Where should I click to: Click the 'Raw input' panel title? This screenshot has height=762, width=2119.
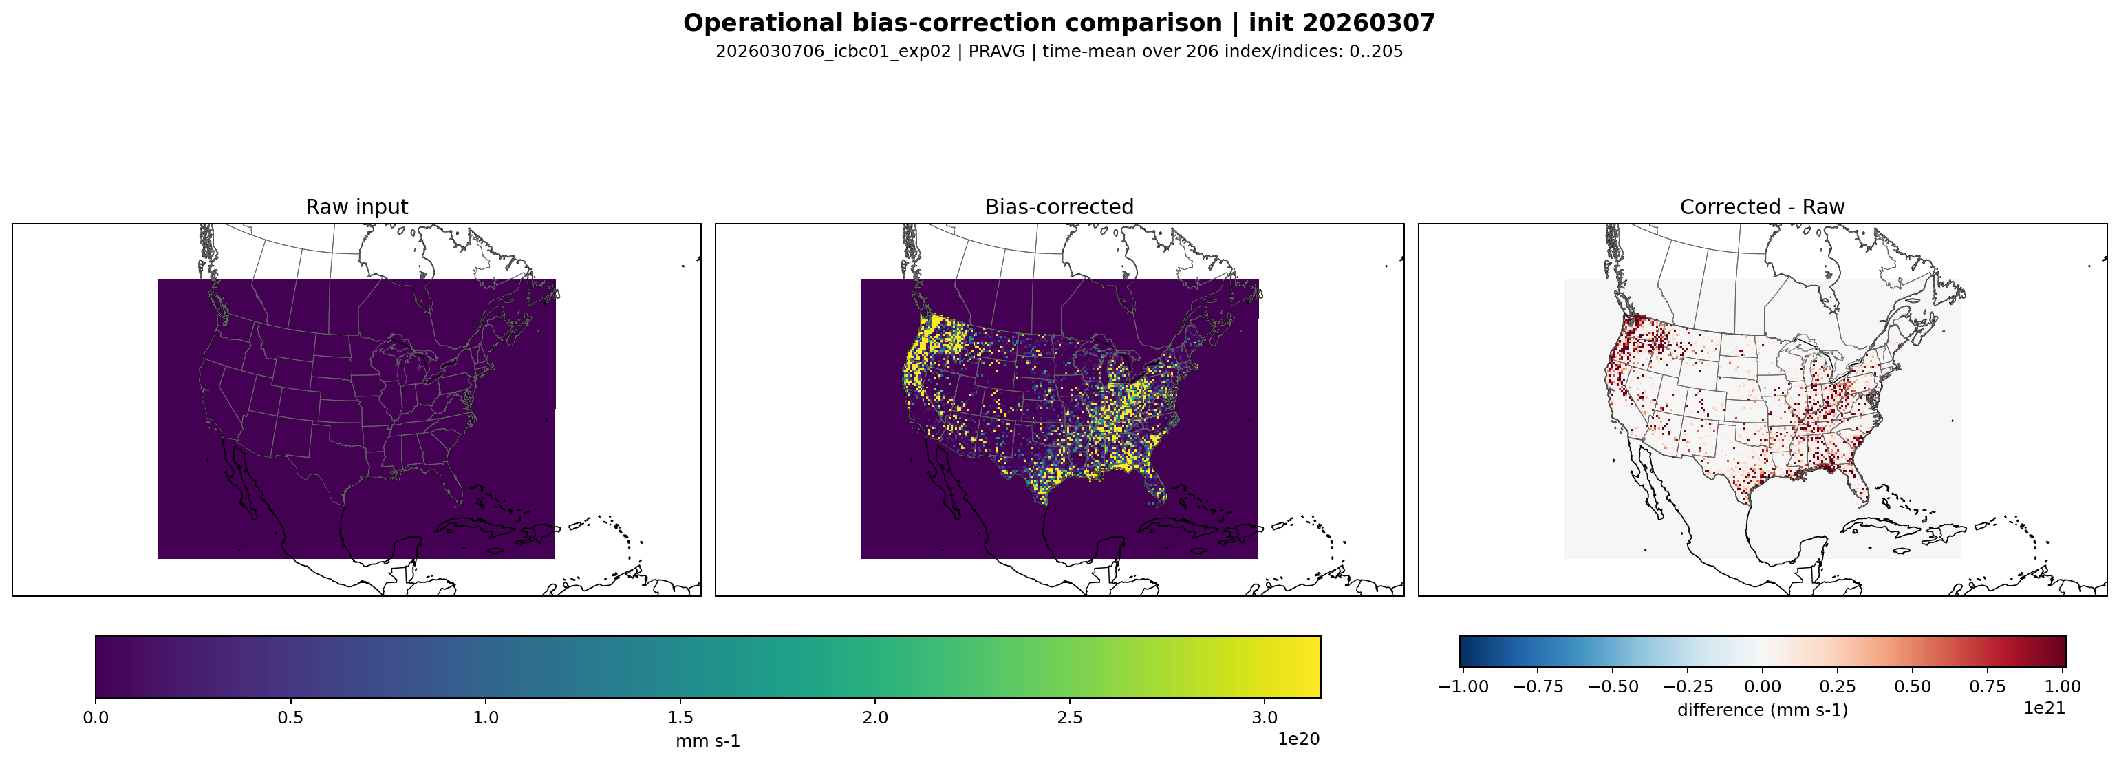[356, 207]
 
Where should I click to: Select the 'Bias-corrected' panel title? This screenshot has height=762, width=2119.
[1059, 207]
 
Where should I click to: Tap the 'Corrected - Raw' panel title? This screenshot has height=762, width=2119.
[1762, 207]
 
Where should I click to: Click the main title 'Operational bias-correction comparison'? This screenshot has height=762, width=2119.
[953, 23]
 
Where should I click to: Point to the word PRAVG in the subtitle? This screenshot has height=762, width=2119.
[997, 51]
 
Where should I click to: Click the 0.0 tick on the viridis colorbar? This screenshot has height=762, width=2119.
[96, 717]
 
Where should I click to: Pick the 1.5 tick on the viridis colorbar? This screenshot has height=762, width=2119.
[680, 717]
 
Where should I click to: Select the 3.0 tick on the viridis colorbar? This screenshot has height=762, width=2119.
[1265, 717]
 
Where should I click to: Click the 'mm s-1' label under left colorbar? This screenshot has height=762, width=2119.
[707, 741]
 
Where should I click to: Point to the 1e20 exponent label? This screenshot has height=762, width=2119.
[1299, 739]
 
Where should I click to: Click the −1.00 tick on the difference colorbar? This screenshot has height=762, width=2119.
[1463, 686]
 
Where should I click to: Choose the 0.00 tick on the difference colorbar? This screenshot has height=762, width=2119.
[1763, 686]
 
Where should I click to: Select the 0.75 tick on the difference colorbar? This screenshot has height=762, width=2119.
[1988, 686]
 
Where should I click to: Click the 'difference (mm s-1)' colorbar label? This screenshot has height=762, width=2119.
[1762, 709]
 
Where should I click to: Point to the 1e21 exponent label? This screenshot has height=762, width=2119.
[2044, 708]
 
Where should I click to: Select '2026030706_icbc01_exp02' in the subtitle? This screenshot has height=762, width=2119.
[832, 51]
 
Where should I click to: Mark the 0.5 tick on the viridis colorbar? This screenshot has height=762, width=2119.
[290, 717]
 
